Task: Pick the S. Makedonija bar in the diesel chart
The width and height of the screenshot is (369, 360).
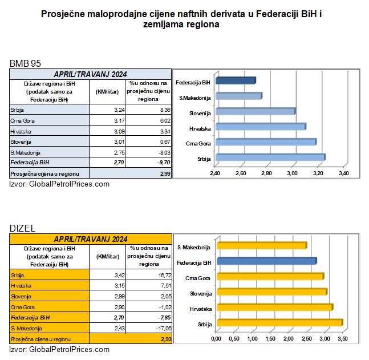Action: click(261, 246)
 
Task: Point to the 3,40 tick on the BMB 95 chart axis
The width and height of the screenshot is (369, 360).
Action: click(343, 173)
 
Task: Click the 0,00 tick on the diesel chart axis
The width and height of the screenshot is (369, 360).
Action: click(216, 339)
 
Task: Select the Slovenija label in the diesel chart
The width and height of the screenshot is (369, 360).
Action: click(198, 293)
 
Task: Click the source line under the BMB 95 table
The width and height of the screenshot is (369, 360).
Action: click(59, 184)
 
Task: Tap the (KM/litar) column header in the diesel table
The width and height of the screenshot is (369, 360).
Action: click(106, 257)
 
